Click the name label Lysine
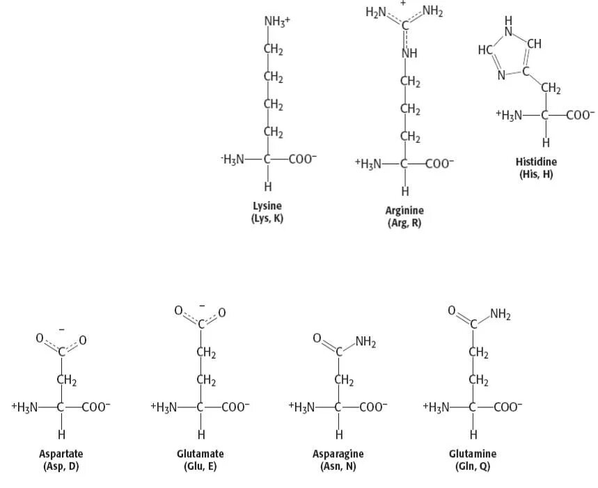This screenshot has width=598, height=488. pos(267,207)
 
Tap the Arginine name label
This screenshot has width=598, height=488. pos(404,211)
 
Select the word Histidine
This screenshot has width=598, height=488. pos(536,162)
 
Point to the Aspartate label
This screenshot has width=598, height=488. pos(61,454)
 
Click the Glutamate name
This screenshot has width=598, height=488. pos(200,454)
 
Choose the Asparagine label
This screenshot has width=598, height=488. pos(338,454)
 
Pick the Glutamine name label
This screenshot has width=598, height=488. pos(473,454)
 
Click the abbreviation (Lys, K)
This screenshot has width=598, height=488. pos(267,219)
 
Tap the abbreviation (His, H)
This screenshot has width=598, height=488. pos(536,174)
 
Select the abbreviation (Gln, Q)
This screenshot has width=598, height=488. pos(473,466)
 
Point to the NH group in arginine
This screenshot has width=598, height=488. pos(409,54)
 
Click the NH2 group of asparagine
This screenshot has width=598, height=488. pos(365,341)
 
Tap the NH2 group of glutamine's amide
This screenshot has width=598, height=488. pos(500,314)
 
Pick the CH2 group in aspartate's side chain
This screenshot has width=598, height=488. pos(67,380)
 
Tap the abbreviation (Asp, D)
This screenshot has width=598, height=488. pos(61,466)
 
